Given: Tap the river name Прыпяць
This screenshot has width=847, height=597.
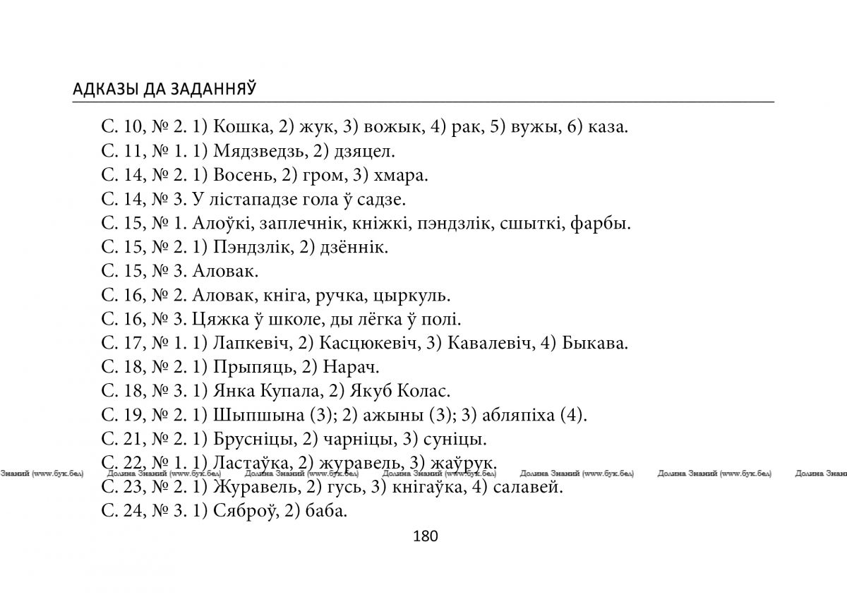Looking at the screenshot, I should pyautogui.click(x=246, y=367).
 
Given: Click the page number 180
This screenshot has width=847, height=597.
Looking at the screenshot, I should pyautogui.click(x=425, y=536).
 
